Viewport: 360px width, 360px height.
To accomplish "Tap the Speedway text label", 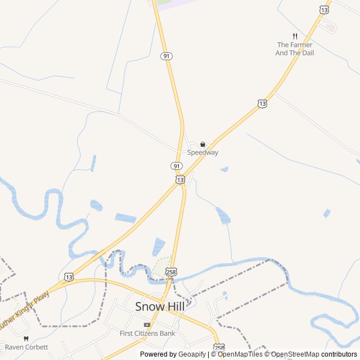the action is coord(202,152).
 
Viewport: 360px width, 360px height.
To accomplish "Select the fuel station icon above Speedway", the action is coord(202,145).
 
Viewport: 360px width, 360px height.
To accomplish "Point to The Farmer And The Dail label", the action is coord(295,49).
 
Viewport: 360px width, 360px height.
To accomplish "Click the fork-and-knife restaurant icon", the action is coord(295,36).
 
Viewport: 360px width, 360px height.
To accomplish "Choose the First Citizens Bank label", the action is coord(147,333).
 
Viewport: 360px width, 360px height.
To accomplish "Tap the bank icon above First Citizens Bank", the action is coord(147,325).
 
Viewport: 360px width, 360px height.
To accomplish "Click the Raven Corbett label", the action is coord(26,347).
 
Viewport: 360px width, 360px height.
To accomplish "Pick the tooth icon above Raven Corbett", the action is coord(25,339).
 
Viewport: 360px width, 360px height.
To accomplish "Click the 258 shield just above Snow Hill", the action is coord(172,272).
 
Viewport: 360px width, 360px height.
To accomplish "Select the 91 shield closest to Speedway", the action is coord(177,166).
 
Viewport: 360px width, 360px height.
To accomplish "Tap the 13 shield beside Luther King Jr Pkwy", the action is coord(69,277).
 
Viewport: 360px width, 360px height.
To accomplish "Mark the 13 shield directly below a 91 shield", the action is coord(179,179).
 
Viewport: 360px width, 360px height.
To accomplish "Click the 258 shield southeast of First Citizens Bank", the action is coord(219,347).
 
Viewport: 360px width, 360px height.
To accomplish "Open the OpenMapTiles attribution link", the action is coord(240,354).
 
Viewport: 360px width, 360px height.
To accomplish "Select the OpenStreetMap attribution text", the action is coord(295,354).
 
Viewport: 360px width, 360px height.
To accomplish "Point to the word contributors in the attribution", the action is coord(339,354).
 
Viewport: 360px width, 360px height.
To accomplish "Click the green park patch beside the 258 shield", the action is coord(161,266).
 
